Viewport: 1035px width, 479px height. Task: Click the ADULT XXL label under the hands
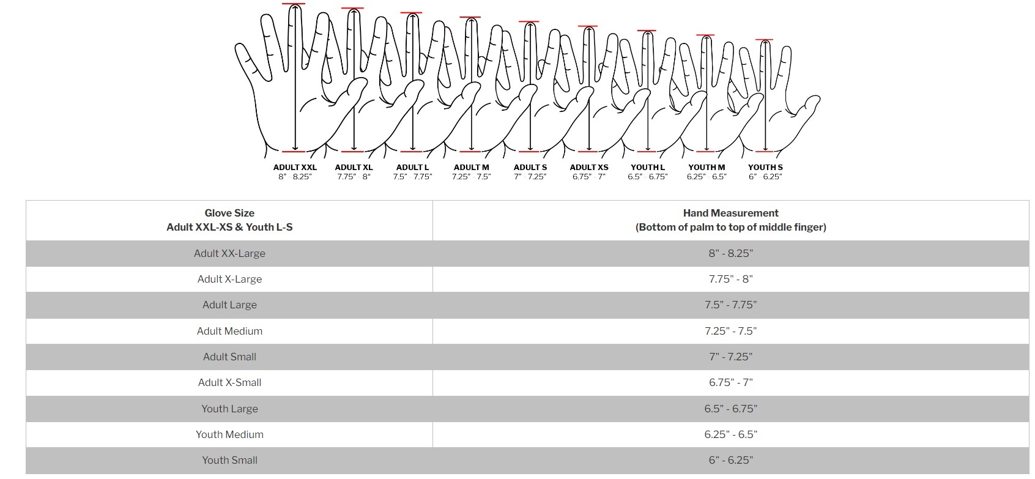click(295, 167)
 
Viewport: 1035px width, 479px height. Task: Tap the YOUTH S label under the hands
click(765, 167)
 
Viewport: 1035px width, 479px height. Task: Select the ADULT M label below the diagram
click(471, 167)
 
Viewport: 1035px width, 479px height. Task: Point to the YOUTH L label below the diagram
click(647, 167)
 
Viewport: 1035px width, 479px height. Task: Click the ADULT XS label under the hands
click(588, 167)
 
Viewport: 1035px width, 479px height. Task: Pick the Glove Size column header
click(229, 220)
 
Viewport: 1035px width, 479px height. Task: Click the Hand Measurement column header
click(730, 220)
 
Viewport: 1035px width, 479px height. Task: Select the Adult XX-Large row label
click(229, 253)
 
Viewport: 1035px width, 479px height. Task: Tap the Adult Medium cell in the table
click(229, 331)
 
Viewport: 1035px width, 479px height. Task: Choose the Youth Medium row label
click(229, 434)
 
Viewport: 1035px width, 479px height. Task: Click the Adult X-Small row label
click(229, 382)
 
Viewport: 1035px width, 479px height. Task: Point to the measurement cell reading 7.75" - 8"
click(730, 279)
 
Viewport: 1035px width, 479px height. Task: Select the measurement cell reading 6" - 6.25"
click(730, 460)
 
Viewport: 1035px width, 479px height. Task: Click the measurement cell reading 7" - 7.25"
click(730, 357)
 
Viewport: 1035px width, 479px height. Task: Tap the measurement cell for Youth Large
click(730, 409)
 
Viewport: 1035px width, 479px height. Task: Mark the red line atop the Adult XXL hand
click(294, 4)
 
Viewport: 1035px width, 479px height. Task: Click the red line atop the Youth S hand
click(765, 40)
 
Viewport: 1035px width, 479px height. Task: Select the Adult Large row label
click(229, 305)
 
